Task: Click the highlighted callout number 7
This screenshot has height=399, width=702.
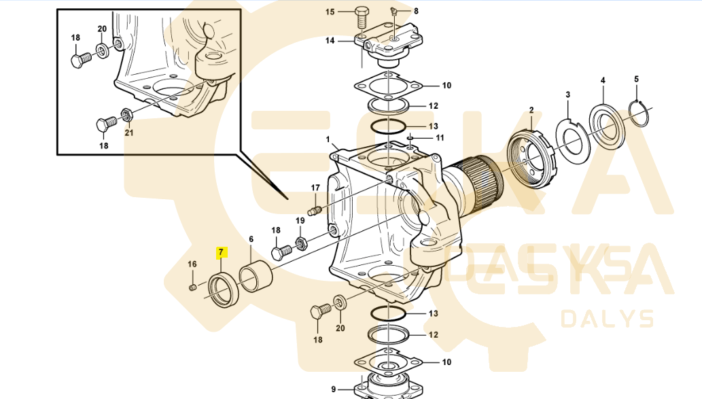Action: click(221, 253)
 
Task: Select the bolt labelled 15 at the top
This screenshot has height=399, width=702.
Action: click(362, 16)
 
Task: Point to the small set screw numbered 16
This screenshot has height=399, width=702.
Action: click(193, 287)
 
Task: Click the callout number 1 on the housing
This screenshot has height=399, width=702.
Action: click(328, 140)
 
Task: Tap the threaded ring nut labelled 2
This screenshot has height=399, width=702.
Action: click(532, 160)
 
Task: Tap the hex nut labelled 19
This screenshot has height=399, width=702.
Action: click(301, 245)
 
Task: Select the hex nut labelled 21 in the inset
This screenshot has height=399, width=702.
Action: click(128, 115)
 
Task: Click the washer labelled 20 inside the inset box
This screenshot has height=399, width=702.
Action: click(103, 50)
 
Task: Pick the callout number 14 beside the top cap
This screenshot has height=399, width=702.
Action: click(330, 41)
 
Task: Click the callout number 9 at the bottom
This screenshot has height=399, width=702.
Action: click(334, 389)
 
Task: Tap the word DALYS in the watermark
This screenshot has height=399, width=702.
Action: click(607, 318)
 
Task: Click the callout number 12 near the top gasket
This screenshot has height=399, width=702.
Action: click(434, 106)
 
